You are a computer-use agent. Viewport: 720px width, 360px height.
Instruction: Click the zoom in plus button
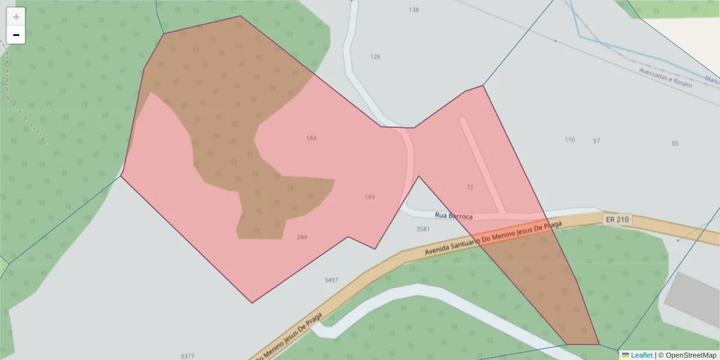pos(16,17)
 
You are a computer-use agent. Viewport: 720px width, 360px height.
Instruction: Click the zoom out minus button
pos(16,35)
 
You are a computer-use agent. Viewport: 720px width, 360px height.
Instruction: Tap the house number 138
pos(413,10)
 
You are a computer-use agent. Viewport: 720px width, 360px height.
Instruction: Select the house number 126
pos(375,57)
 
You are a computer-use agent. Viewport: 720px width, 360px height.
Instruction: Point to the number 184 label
pos(311,138)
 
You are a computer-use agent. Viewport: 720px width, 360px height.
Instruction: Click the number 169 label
pos(370,197)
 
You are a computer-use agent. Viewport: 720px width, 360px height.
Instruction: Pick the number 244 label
pos(302,237)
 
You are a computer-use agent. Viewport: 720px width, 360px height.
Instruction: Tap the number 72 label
pos(469,187)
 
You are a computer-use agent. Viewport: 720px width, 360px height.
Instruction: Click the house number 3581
pos(423,229)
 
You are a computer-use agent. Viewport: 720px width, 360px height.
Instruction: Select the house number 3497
pos(331,280)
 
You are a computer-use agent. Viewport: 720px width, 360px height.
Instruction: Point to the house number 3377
pos(187,356)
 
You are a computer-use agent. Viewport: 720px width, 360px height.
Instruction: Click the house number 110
pos(569,140)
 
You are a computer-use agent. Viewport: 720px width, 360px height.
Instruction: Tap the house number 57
pos(596,141)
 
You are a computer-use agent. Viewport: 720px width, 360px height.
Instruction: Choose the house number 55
pos(675,143)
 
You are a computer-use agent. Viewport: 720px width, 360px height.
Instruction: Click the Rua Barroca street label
pos(454,216)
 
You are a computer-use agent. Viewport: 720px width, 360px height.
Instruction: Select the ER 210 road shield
pos(617,220)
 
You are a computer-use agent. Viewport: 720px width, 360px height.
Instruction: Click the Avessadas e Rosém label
pos(665,77)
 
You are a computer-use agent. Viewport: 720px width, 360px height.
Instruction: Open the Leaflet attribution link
pos(641,355)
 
